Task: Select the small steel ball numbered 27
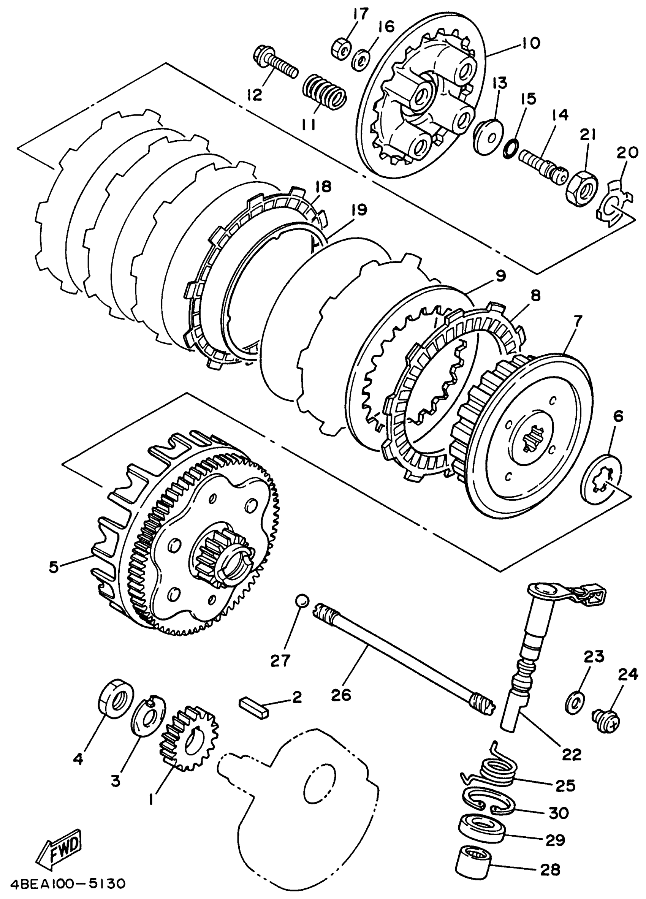click(302, 611)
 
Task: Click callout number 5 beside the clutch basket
click(54, 567)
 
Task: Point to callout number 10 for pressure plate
click(530, 43)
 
